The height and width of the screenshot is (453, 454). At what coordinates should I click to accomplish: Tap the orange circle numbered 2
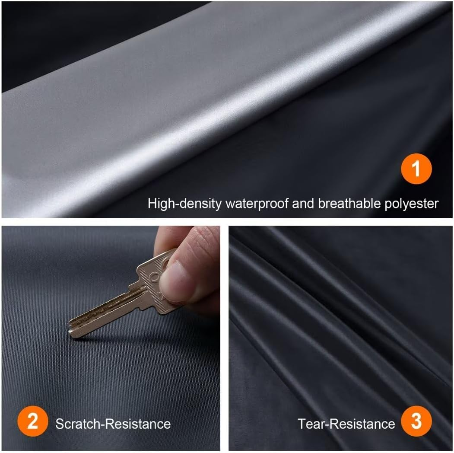(x=33, y=422)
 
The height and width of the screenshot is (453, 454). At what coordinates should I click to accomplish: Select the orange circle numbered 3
(x=416, y=422)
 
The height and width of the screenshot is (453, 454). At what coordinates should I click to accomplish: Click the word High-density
(x=184, y=203)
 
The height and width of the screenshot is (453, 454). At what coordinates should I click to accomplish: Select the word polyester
(x=412, y=203)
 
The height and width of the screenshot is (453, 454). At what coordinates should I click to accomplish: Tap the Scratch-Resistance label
(x=113, y=423)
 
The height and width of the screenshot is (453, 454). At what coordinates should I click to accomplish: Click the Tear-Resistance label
(x=346, y=423)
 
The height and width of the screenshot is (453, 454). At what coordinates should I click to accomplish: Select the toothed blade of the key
(x=104, y=311)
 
